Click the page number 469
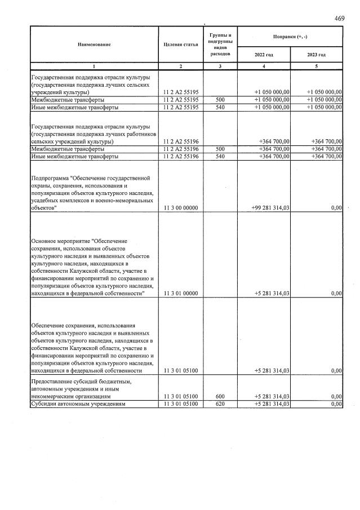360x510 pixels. tap(339, 19)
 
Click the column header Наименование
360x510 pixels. tap(94, 44)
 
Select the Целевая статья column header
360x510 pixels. tap(180, 44)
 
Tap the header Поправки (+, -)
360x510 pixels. tap(290, 37)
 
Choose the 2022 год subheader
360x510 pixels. tap(264, 55)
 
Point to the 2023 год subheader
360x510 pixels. tap(316, 55)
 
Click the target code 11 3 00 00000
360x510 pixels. tap(180, 208)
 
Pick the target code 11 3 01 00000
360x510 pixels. tap(180, 294)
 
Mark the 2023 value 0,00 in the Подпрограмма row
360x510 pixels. tap(336, 208)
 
